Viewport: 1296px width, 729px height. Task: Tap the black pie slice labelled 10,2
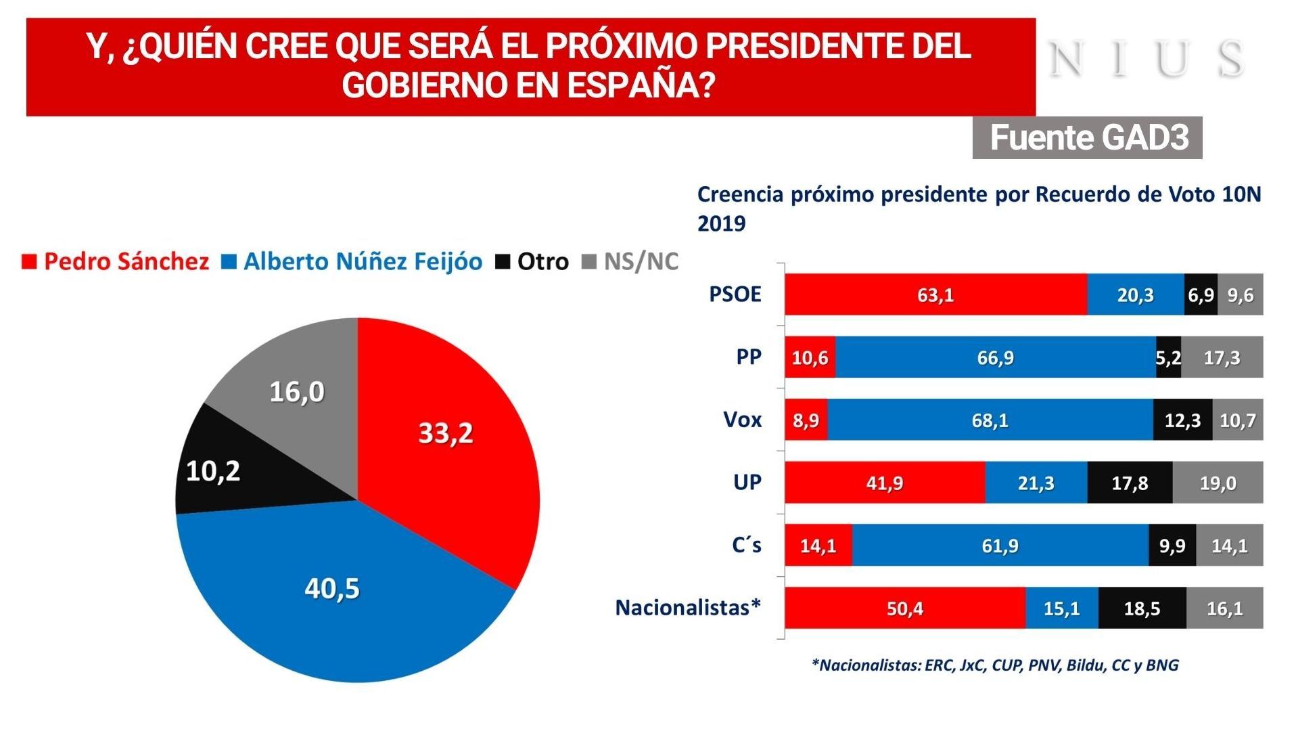click(x=213, y=471)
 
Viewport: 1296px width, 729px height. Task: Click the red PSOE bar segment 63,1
click(x=935, y=295)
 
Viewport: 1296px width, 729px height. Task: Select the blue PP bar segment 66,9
click(x=995, y=357)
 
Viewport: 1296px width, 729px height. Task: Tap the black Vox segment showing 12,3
click(x=1182, y=420)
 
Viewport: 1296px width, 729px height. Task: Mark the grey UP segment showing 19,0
click(x=1218, y=483)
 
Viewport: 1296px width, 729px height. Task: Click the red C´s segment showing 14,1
click(x=818, y=546)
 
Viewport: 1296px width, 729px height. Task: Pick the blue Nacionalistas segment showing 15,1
click(x=1061, y=609)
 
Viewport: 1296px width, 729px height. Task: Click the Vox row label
click(x=742, y=420)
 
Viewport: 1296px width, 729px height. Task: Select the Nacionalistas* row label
click(x=688, y=608)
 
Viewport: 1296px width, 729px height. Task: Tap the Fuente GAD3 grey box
click(x=1087, y=138)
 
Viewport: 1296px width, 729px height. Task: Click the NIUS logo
click(x=1147, y=59)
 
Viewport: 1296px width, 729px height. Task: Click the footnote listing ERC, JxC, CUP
click(x=994, y=665)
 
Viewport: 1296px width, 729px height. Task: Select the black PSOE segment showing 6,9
click(x=1201, y=295)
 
